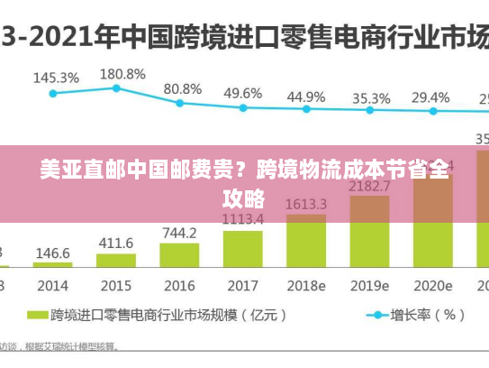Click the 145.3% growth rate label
coord(55,78)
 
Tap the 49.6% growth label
coord(243,93)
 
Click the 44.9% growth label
coord(306,97)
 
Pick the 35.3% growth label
coord(371,97)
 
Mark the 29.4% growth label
coord(430,97)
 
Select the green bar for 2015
coord(116,261)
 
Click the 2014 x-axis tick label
coord(52,285)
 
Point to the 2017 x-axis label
coord(242,285)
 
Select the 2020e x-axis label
coord(433,285)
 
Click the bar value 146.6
coord(53,253)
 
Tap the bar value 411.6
coord(116,243)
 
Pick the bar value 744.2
coord(179,233)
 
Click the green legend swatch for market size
coord(36,316)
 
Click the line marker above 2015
coord(116,88)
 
